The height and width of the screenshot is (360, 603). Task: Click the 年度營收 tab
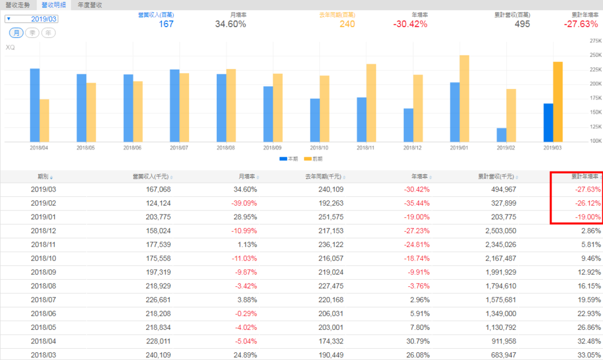pyautogui.click(x=90, y=5)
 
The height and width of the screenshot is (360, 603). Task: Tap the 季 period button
pyautogui.click(x=34, y=32)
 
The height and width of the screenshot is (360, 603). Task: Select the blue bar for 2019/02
pyautogui.click(x=502, y=135)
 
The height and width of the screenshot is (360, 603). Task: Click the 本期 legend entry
pyautogui.click(x=289, y=158)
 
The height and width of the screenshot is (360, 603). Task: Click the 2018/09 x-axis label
pyautogui.click(x=273, y=147)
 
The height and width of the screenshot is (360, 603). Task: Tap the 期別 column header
pyautogui.click(x=43, y=176)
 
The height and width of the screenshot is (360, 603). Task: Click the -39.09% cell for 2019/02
pyautogui.click(x=243, y=203)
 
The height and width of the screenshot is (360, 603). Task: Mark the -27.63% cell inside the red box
pyautogui.click(x=587, y=190)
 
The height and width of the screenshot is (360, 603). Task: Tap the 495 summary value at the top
pyautogui.click(x=522, y=24)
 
